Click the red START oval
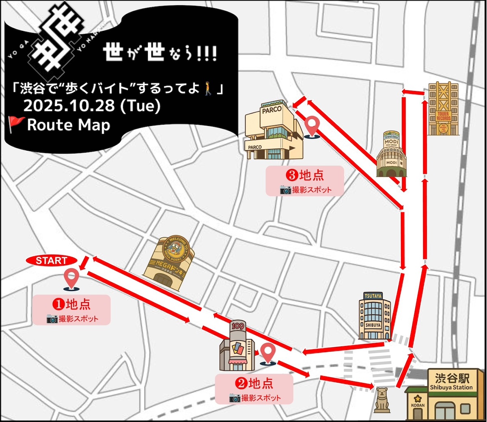coord(52,261)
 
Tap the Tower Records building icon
coord(443,108)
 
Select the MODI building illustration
coord(391,154)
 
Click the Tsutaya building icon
coord(374,316)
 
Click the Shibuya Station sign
coord(451,382)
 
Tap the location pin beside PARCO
coord(312,126)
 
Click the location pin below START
coord(72,279)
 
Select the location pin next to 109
coord(267,353)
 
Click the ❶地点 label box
coord(71,309)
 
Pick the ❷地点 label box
coord(254,389)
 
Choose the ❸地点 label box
coord(305,181)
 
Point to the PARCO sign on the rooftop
coord(272,110)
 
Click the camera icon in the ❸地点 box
coord(285,190)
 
